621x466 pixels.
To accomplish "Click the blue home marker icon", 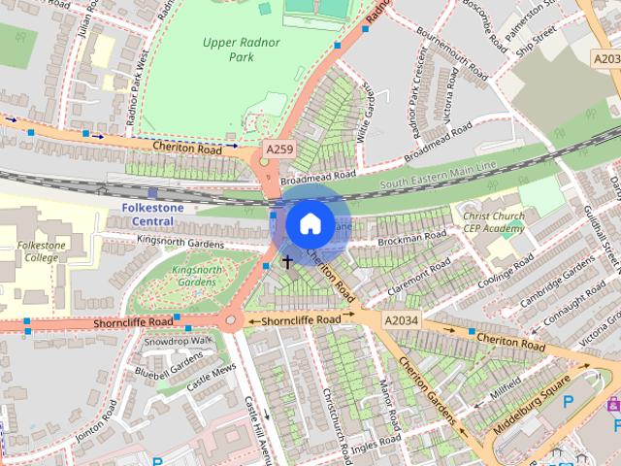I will click(309, 224).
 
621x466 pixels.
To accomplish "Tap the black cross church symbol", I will click(287, 262).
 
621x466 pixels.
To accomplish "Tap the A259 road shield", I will click(278, 150).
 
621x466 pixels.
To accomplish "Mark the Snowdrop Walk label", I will click(178, 341).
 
